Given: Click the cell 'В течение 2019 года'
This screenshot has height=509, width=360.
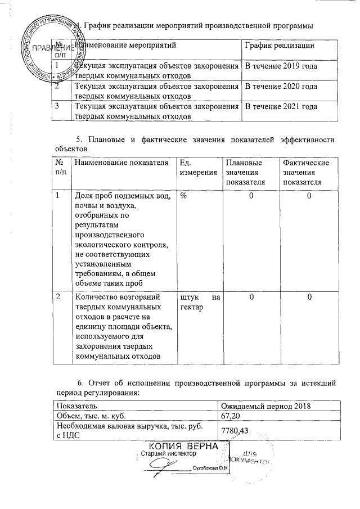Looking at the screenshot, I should [280, 66].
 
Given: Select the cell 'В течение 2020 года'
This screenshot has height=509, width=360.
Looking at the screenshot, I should [280, 87].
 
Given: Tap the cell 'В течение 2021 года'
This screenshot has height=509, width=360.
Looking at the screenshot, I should [280, 107].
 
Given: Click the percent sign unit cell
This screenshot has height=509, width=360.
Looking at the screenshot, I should [183, 195].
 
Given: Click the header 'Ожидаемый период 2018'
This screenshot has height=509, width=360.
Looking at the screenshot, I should [266, 406].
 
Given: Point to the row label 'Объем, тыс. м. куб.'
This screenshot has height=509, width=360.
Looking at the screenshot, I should [89, 416].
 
